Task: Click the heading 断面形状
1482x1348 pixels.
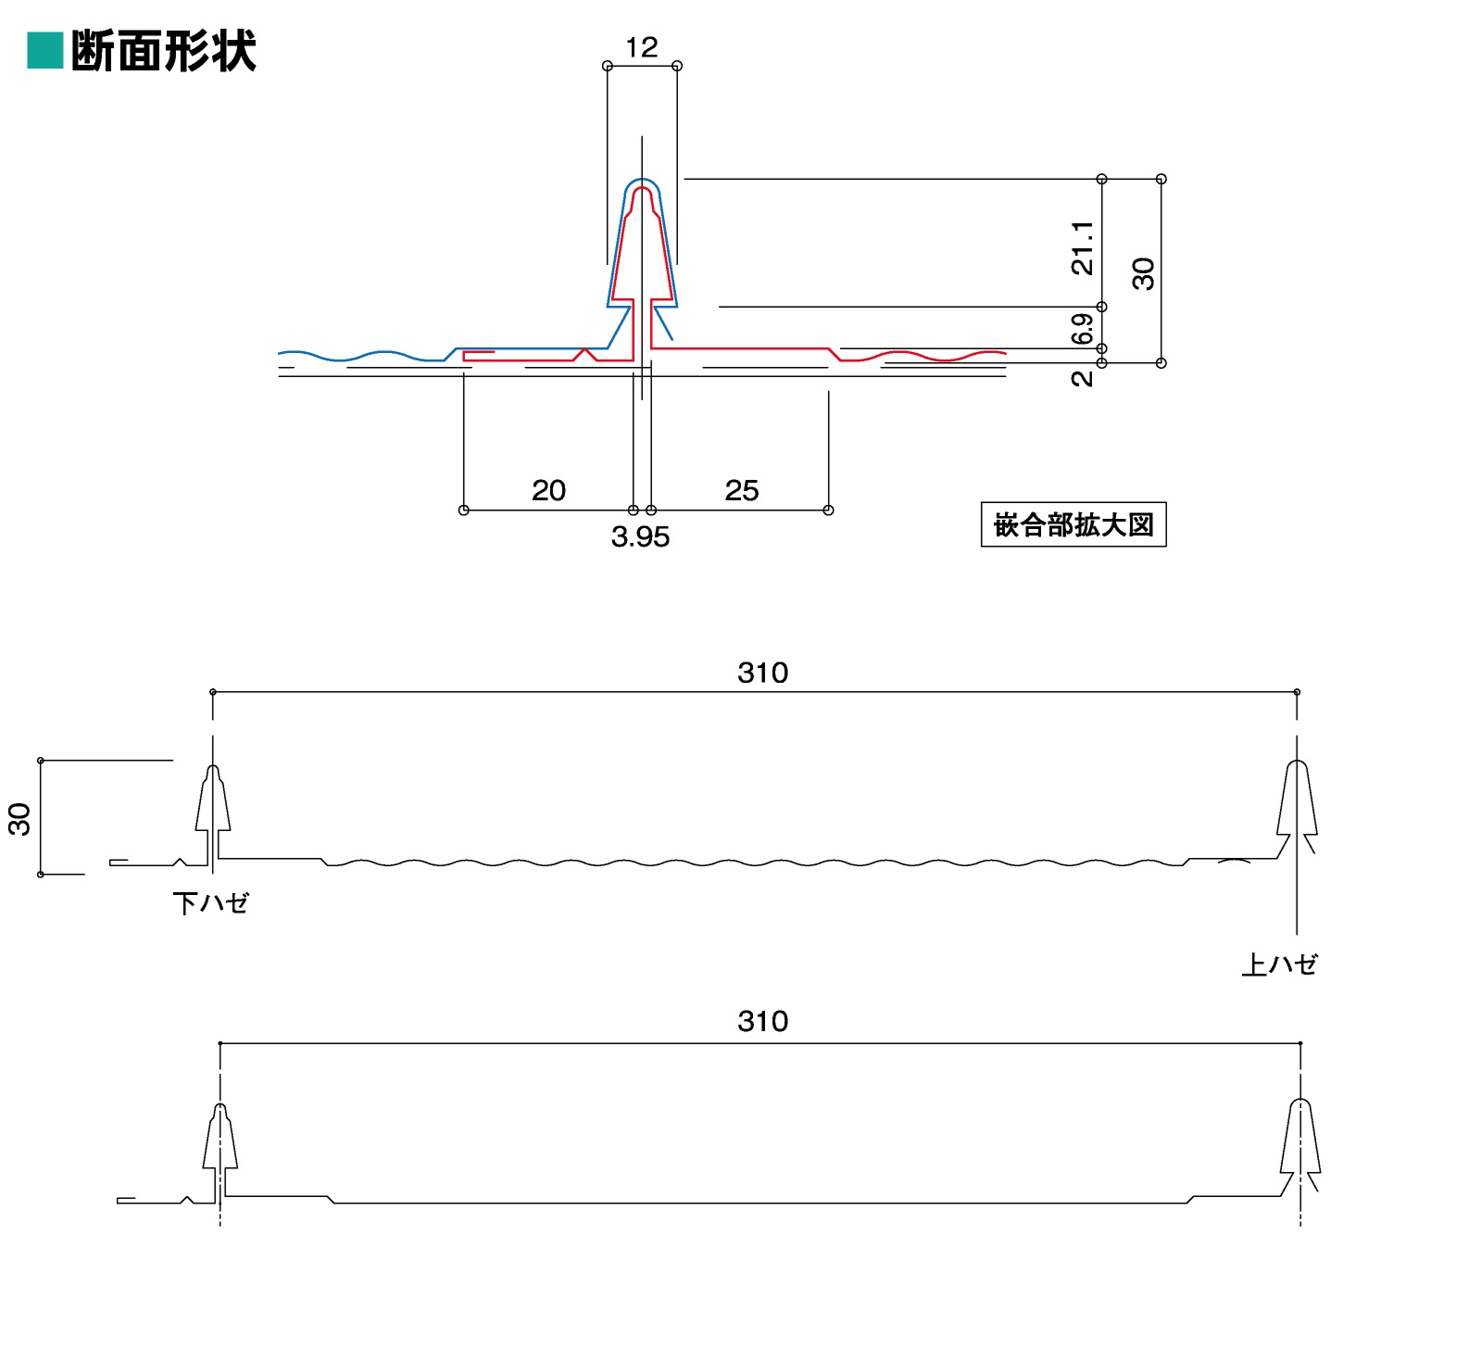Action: pos(163,52)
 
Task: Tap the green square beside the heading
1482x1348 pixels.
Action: pos(44,51)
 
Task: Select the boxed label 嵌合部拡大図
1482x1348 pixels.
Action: pos(1073,525)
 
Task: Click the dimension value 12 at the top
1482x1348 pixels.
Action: pos(641,47)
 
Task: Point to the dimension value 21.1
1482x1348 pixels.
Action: pos(1082,248)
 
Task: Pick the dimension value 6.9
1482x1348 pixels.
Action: pos(1082,329)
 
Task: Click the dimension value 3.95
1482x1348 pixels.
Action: pos(640,537)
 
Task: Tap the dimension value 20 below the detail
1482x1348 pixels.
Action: pos(548,490)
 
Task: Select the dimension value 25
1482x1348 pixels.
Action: pos(741,490)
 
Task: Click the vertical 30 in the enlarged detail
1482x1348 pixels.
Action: pos(1144,274)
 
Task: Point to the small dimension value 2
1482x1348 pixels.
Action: pos(1082,378)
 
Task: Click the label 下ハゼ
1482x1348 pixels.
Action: pos(211,903)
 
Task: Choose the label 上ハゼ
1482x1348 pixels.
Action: pos(1279,965)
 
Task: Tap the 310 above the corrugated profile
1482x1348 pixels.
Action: pos(762,673)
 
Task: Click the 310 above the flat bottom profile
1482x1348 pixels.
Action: pos(762,1021)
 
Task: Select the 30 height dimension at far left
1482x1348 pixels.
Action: pos(19,819)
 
